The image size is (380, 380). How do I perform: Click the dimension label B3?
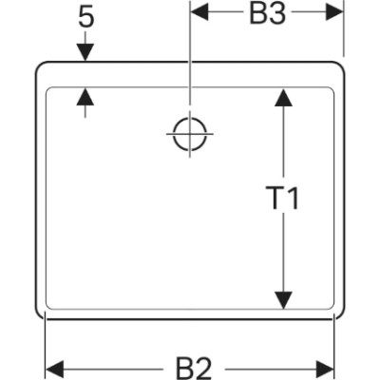[x=268, y=14]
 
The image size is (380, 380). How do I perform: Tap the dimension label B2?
[x=194, y=370]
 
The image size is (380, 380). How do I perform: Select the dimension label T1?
[x=282, y=199]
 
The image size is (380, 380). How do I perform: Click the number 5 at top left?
[x=86, y=18]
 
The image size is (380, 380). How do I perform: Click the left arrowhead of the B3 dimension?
[x=199, y=12]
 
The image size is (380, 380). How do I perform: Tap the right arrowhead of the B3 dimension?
[x=334, y=12]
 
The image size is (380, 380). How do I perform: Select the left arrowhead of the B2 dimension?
[x=55, y=370]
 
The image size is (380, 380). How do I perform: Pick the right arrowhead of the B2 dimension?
[x=325, y=370]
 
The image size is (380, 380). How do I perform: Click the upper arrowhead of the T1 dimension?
[x=283, y=98]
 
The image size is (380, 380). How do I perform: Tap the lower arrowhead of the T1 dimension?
[x=283, y=300]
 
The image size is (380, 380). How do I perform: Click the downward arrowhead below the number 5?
[x=85, y=52]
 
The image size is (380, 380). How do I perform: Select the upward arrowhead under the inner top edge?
[x=85, y=97]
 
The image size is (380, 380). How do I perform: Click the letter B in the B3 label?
[x=257, y=14]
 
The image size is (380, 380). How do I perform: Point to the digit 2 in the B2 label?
[x=203, y=370]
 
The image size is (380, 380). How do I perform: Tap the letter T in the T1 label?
[x=274, y=199]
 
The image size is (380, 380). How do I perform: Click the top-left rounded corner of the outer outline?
[x=39, y=66]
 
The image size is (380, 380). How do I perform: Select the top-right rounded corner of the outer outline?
[x=340, y=66]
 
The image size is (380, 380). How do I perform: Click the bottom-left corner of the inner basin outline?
[x=48, y=307]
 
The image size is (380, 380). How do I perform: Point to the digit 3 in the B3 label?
[x=277, y=14]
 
